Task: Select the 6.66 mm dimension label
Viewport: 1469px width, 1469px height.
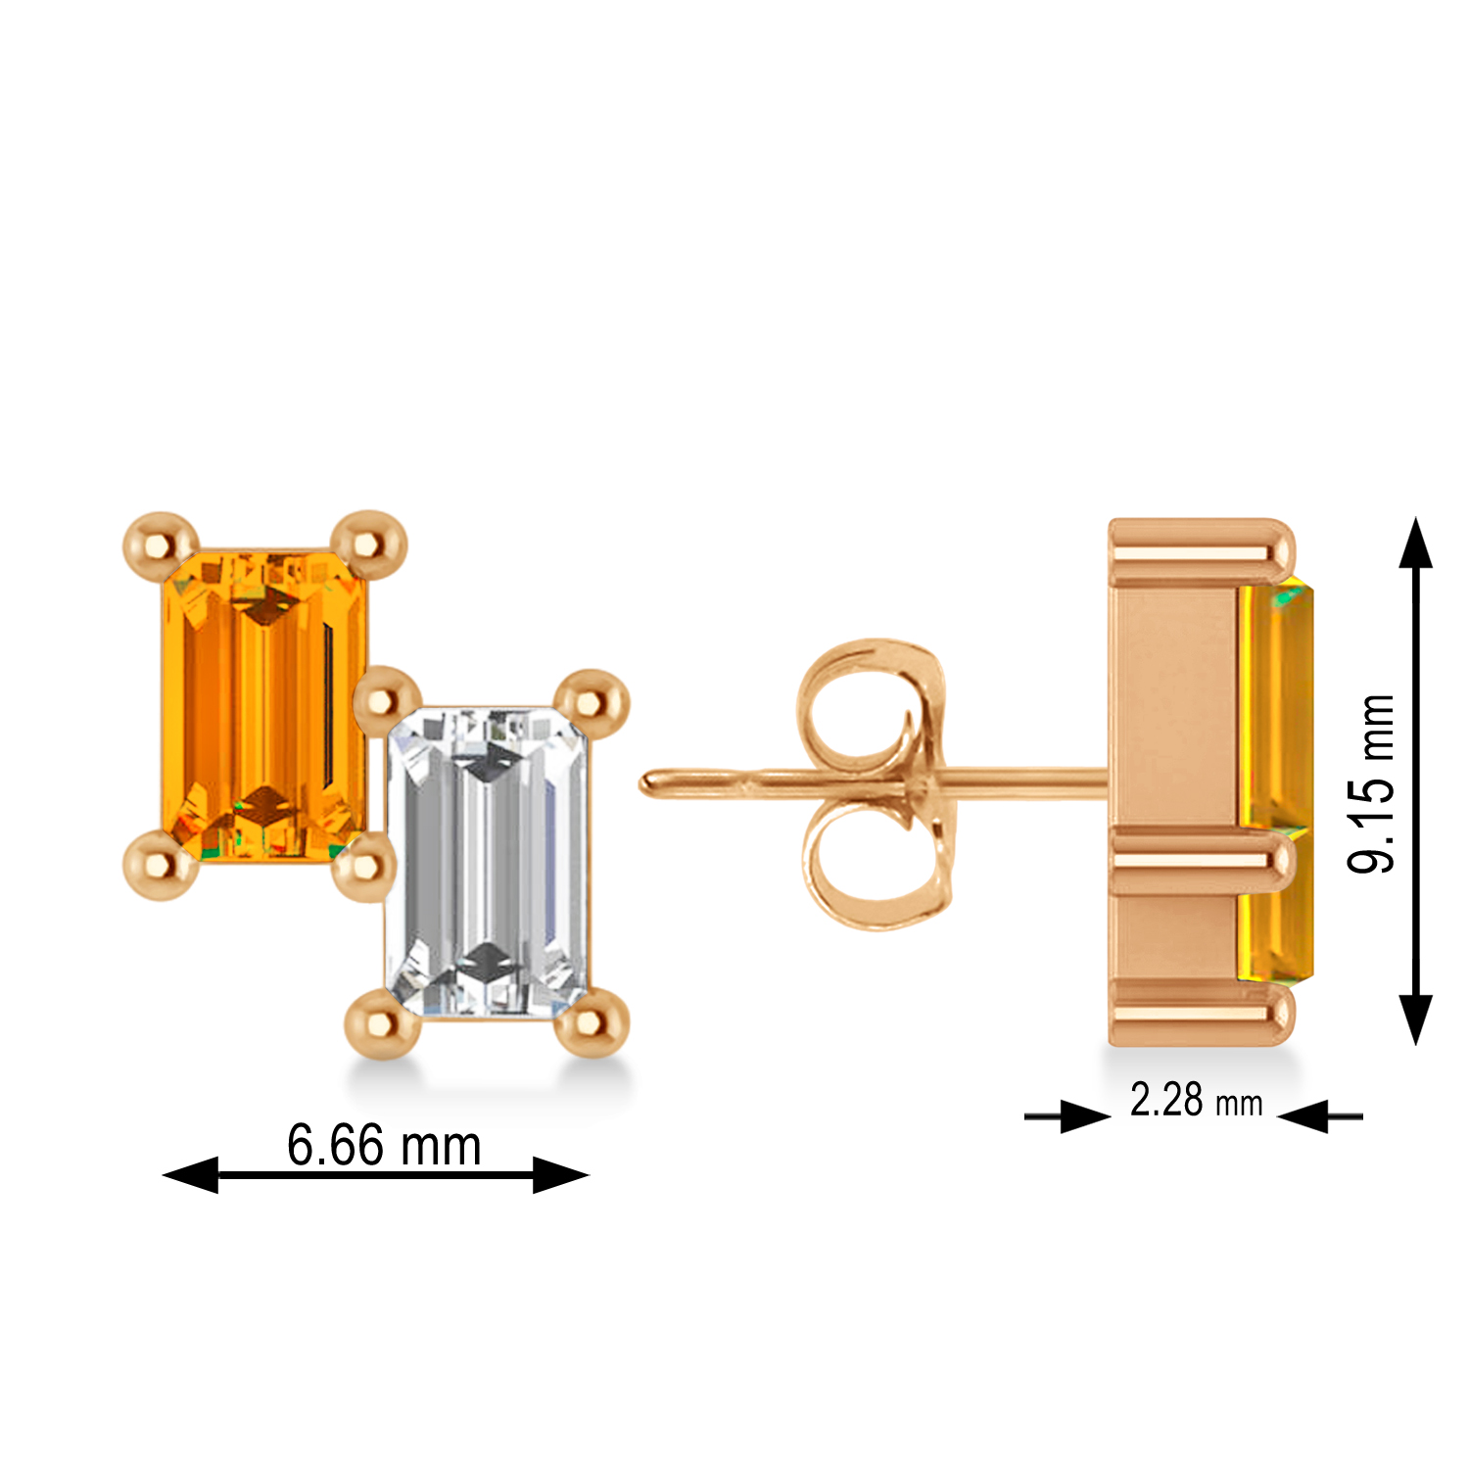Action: [x=384, y=1145]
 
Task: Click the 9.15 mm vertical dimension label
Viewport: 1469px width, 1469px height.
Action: [x=1370, y=783]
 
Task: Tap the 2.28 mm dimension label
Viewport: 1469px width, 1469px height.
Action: [x=1196, y=1101]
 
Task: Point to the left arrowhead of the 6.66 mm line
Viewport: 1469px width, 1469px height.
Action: [x=190, y=1174]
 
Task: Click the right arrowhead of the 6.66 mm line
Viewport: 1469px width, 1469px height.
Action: [x=560, y=1174]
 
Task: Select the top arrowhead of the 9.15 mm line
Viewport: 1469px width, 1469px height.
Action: [x=1415, y=545]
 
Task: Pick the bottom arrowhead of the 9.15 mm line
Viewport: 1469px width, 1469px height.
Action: [x=1415, y=1019]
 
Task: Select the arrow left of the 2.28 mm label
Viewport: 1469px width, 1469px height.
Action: [x=1082, y=1115]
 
